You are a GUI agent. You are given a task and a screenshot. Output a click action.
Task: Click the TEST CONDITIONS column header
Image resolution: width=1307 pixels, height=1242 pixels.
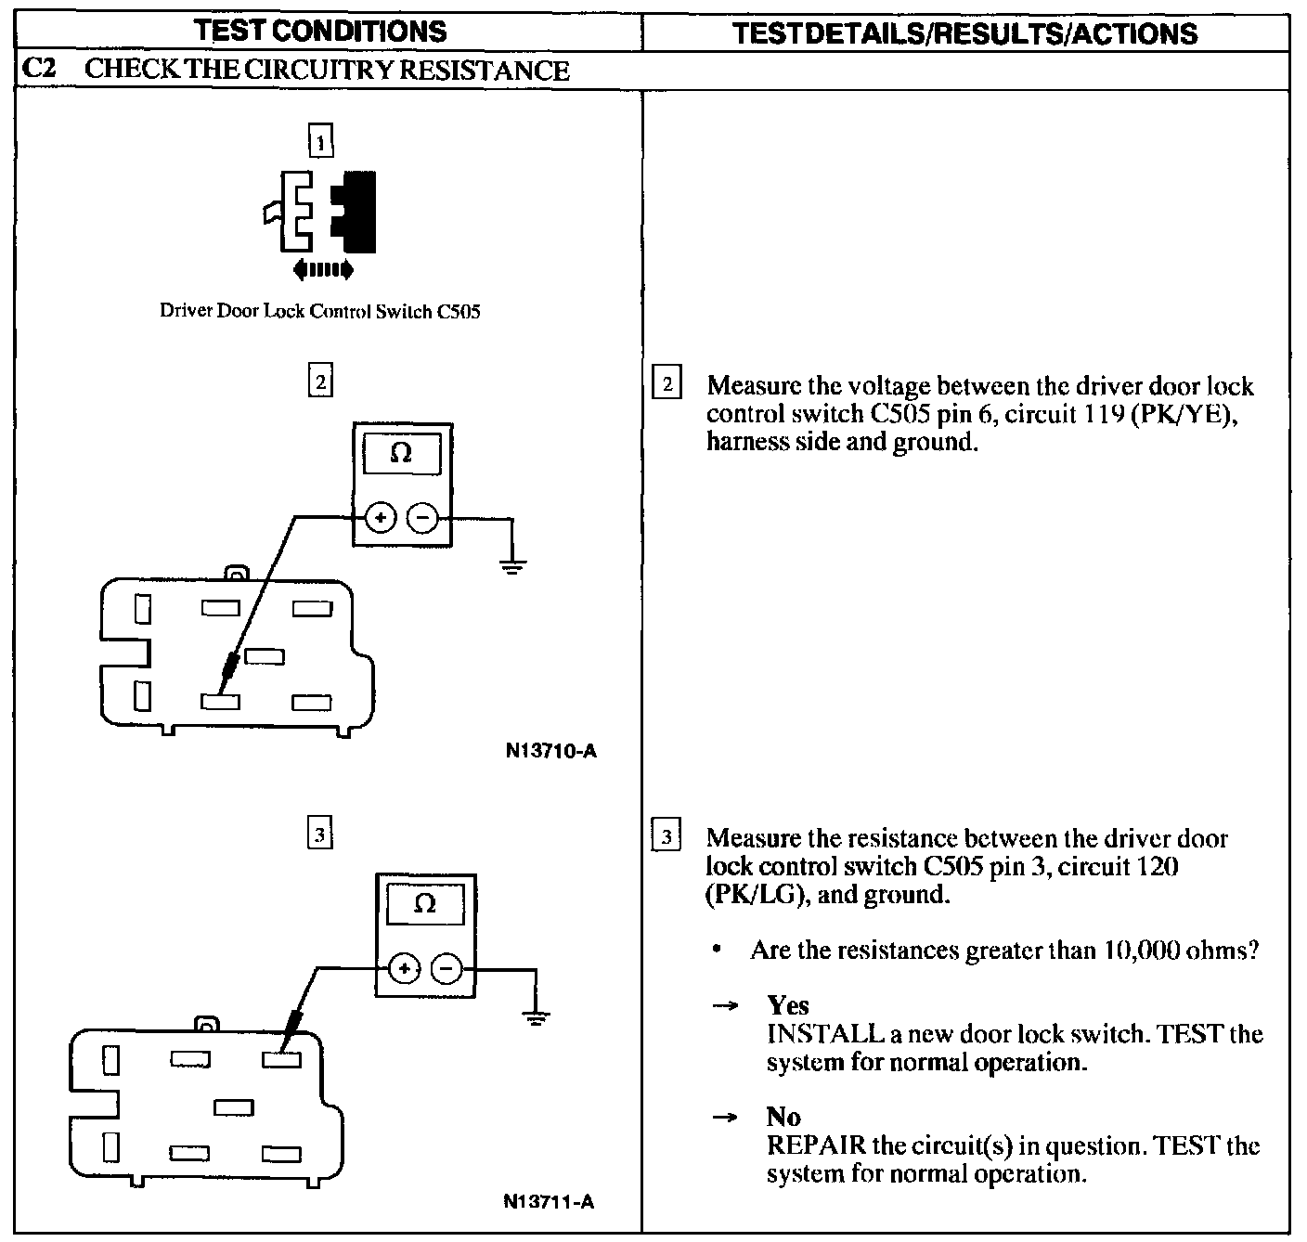pyautogui.click(x=321, y=32)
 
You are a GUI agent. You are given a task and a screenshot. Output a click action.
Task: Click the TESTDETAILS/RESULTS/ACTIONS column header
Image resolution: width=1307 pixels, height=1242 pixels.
pyautogui.click(x=964, y=33)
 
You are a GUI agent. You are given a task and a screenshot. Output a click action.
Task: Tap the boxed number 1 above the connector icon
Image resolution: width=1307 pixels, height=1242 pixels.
pyautogui.click(x=320, y=143)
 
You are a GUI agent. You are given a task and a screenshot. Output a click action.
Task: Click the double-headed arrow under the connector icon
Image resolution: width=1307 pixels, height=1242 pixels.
pyautogui.click(x=322, y=270)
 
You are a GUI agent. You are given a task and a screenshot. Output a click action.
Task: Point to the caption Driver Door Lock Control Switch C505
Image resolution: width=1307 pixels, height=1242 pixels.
pyautogui.click(x=320, y=312)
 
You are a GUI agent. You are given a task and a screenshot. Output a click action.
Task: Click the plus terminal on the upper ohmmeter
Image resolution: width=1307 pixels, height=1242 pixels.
pyautogui.click(x=381, y=518)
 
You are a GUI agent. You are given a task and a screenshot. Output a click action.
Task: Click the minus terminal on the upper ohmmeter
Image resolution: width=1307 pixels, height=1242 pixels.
pyautogui.click(x=423, y=518)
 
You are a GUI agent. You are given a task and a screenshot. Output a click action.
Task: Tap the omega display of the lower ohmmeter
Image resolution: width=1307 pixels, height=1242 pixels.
pyautogui.click(x=424, y=903)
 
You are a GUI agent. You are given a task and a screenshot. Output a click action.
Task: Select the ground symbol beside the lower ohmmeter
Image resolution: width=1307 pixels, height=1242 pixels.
pyautogui.click(x=535, y=1018)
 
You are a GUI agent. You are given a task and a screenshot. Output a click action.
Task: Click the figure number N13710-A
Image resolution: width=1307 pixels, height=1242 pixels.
pyautogui.click(x=551, y=751)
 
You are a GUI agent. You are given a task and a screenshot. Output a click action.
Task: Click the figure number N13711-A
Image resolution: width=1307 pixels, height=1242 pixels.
pyautogui.click(x=550, y=1202)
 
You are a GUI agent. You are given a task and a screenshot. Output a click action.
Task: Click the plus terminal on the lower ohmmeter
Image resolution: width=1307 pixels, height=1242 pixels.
pyautogui.click(x=404, y=969)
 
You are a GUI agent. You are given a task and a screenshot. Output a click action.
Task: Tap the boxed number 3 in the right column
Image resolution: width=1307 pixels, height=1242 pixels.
pyautogui.click(x=666, y=836)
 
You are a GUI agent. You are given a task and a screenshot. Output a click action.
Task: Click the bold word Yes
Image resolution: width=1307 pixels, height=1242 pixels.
pyautogui.click(x=788, y=1005)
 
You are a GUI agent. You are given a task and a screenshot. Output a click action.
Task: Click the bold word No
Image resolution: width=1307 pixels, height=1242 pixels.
pyautogui.click(x=783, y=1117)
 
